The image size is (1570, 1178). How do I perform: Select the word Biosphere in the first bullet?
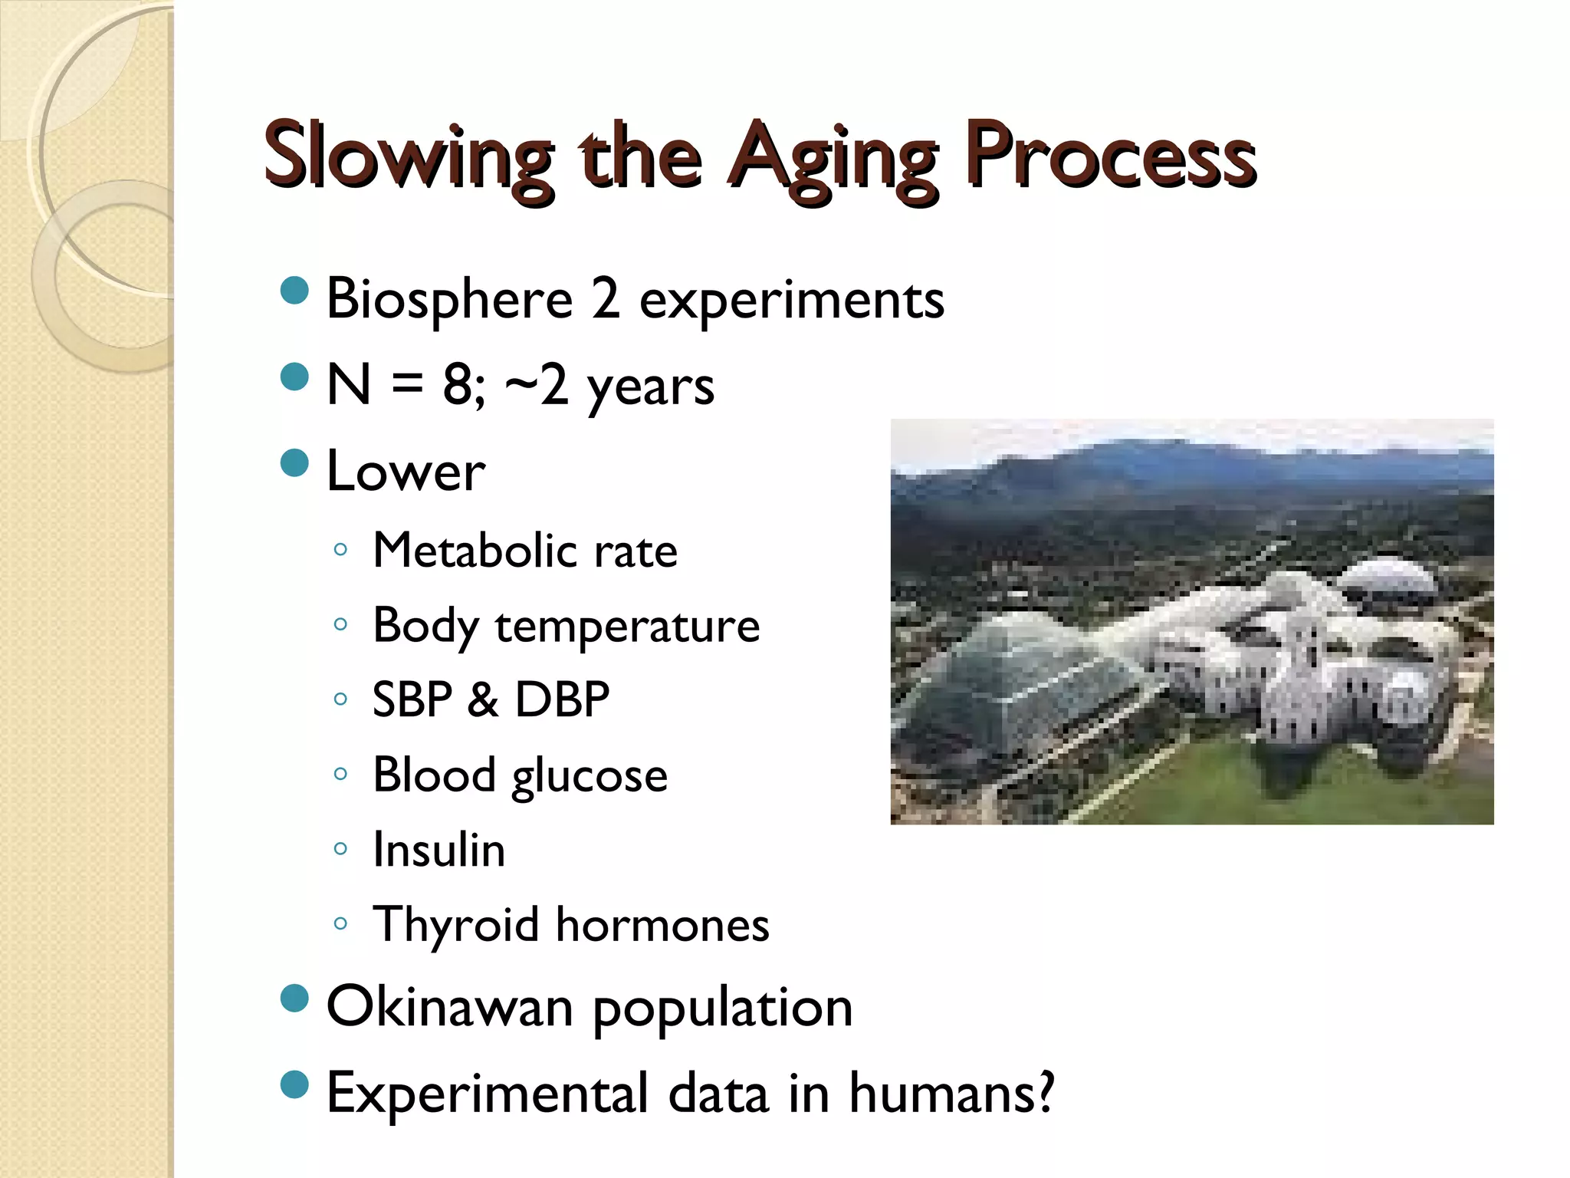click(x=449, y=299)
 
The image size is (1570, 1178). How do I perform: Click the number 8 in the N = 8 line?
click(x=458, y=384)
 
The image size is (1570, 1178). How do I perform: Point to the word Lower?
click(x=406, y=471)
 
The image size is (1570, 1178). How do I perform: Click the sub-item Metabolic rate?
click(x=524, y=551)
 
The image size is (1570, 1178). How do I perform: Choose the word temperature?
click(x=627, y=626)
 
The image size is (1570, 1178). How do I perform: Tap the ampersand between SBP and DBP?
click(x=482, y=699)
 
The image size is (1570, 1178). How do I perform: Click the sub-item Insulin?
click(x=438, y=850)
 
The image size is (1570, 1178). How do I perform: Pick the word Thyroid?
click(x=455, y=925)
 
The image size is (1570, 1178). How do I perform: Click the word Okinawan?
click(x=449, y=1007)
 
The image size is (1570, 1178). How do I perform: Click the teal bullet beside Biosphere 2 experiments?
click(x=294, y=291)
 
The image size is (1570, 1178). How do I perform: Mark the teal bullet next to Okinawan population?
click(x=294, y=999)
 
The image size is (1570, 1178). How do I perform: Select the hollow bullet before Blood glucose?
click(x=340, y=774)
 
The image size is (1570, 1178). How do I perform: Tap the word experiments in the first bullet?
click(x=791, y=299)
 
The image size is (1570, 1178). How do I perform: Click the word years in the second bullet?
click(x=650, y=386)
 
